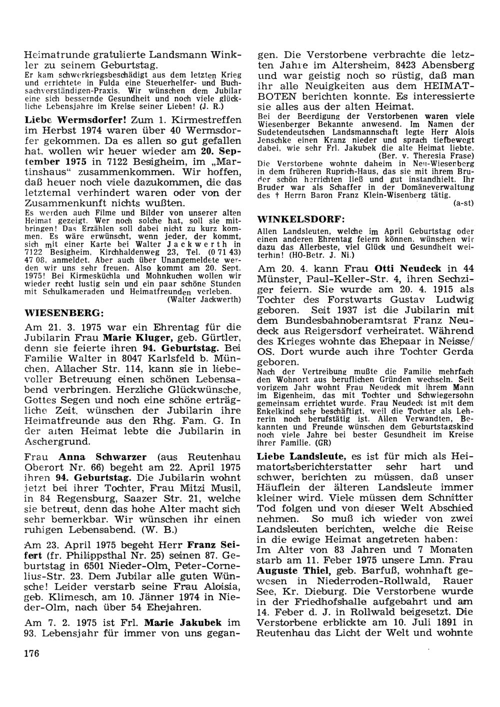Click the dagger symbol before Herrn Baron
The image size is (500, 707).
276,196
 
